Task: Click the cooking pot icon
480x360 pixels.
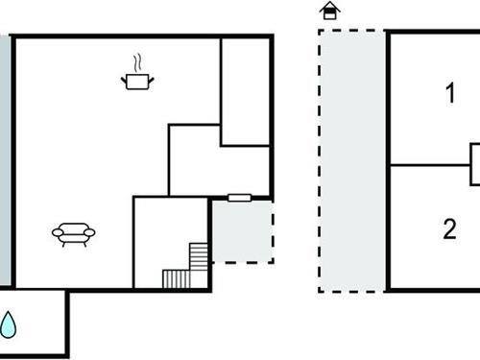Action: [138, 82]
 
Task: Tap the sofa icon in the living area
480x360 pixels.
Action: [74, 233]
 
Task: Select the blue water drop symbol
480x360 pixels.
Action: [9, 324]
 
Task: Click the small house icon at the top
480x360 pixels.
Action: [330, 11]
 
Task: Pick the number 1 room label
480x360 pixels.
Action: [449, 94]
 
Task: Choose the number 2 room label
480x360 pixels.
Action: [449, 229]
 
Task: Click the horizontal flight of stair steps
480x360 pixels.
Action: [177, 278]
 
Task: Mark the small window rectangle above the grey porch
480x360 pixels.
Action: [240, 198]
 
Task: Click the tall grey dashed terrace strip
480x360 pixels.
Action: [352, 158]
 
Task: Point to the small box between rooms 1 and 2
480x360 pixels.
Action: [474, 164]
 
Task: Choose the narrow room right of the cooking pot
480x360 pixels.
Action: [245, 91]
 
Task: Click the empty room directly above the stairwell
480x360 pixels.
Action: [219, 160]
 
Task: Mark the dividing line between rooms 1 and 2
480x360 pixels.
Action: [427, 165]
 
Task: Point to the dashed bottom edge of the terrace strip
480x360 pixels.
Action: [352, 290]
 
